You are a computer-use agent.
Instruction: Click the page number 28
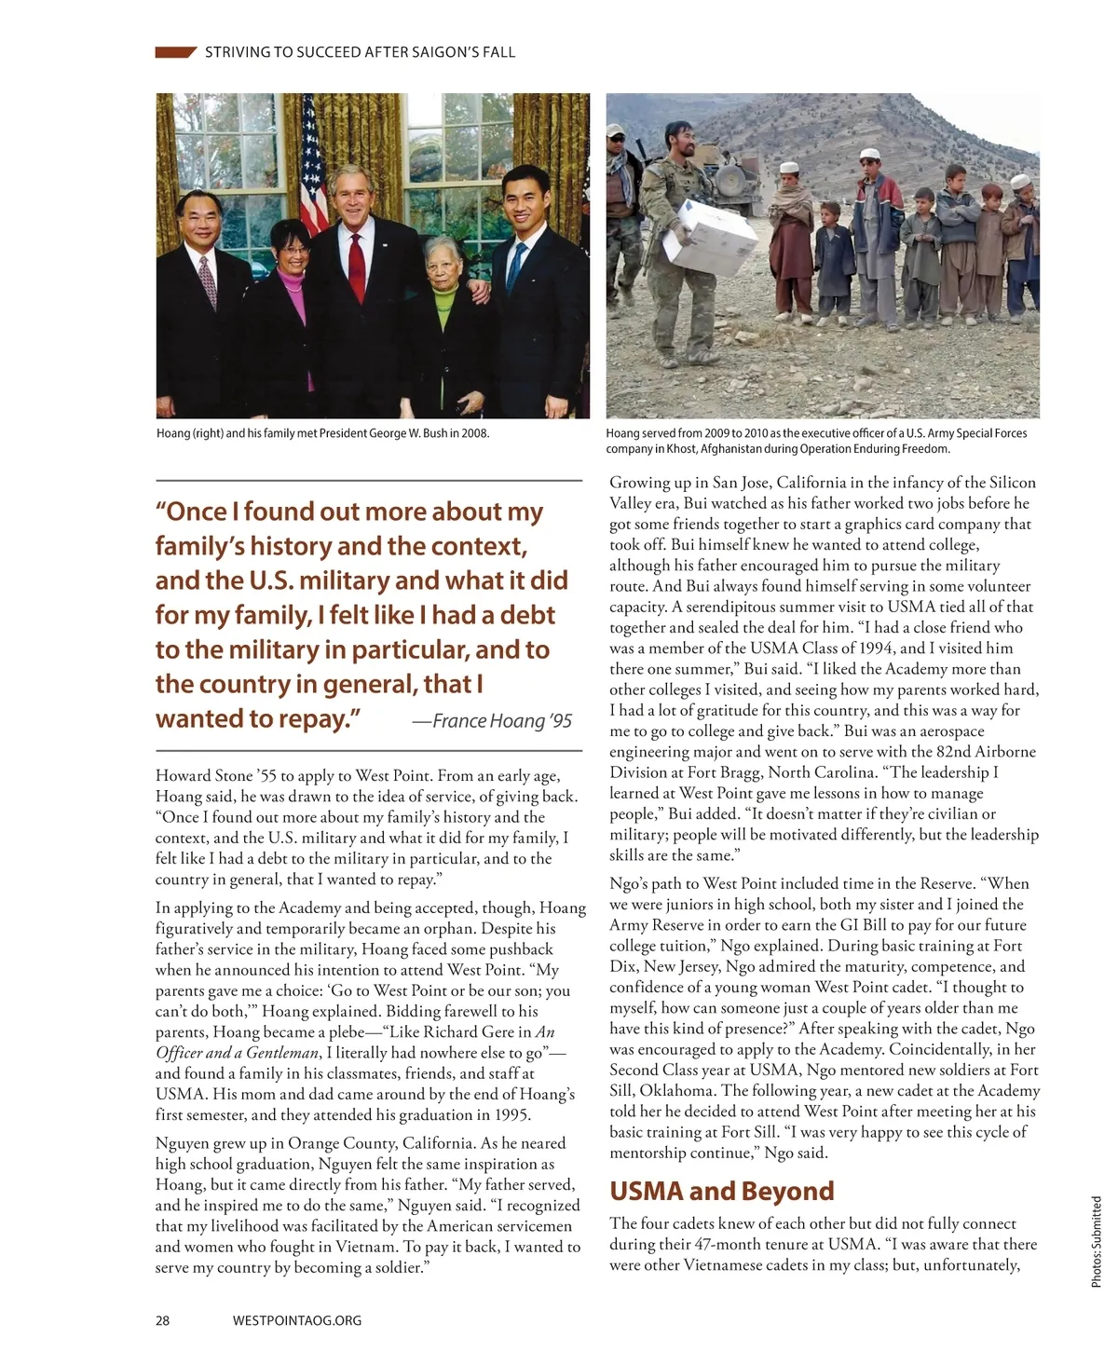[x=162, y=1320]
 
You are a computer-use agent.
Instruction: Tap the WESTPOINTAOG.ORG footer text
[x=296, y=1320]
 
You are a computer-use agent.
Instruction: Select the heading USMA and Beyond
[x=721, y=1192]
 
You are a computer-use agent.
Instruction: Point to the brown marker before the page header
[x=175, y=52]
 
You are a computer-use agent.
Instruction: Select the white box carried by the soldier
[x=710, y=233]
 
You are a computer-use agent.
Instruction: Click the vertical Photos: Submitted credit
[x=1097, y=1242]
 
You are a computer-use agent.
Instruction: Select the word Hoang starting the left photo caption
[x=173, y=433]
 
